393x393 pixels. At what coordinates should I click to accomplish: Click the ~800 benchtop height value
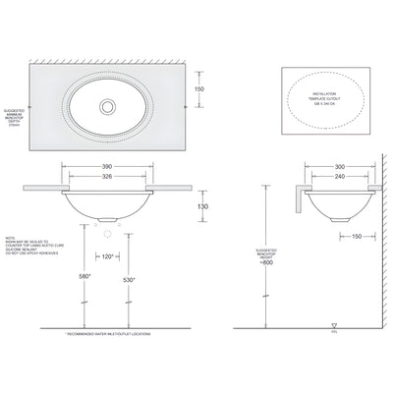coord(267,262)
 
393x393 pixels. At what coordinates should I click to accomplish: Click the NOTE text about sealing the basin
coord(26,246)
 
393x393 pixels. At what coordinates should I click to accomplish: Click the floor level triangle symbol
coord(336,323)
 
